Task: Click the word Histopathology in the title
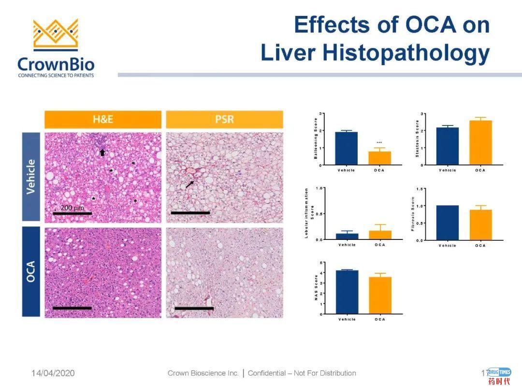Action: coord(406,53)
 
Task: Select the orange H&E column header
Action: coord(103,119)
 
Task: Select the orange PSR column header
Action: coord(224,119)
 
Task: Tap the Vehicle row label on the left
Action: coord(31,177)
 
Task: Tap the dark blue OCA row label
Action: coord(31,272)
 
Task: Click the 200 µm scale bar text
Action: coord(72,207)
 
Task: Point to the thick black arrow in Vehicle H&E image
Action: coord(102,153)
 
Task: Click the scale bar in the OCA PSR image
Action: coord(194,308)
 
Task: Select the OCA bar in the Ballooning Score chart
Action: coord(380,158)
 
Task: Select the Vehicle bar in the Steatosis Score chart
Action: coord(447,146)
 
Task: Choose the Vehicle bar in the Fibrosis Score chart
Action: coord(447,223)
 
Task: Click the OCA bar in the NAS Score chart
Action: coord(380,295)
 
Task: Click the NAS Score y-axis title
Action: coord(317,288)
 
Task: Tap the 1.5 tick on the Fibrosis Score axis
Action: coord(420,189)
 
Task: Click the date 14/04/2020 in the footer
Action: coord(53,373)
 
